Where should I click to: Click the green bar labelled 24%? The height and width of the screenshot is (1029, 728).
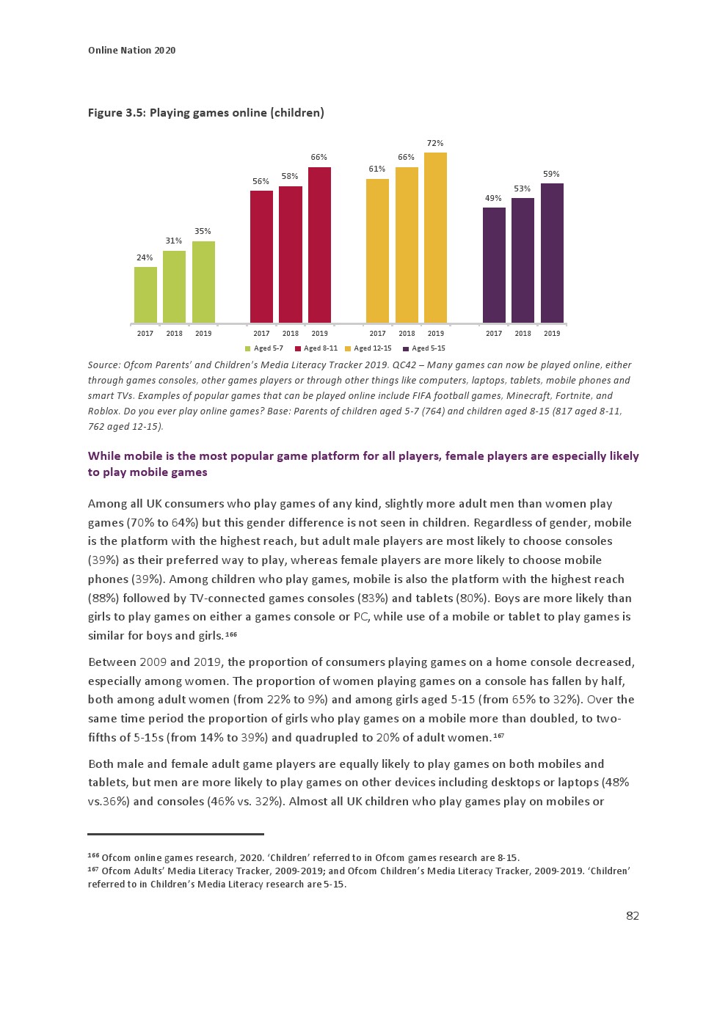(145, 295)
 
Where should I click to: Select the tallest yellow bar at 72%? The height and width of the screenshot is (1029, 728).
(435, 238)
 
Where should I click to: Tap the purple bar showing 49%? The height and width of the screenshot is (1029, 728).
(494, 265)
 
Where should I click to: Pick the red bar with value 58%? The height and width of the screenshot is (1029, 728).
(291, 254)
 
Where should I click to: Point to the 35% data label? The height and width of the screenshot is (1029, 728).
(203, 231)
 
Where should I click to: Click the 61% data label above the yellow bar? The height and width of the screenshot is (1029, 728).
(377, 169)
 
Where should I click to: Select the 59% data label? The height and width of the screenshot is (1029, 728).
(551, 174)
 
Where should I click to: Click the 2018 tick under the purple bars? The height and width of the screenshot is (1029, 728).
(523, 333)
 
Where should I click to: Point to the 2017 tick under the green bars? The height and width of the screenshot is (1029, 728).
(145, 333)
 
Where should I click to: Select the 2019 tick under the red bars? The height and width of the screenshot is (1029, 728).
(319, 333)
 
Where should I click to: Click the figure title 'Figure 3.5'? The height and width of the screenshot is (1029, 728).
(116, 112)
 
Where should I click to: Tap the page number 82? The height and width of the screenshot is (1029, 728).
(632, 915)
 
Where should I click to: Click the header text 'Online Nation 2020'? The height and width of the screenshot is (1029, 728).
(131, 50)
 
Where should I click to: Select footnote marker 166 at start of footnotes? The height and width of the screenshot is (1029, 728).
(93, 856)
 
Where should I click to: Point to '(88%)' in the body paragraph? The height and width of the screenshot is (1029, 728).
(103, 598)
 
